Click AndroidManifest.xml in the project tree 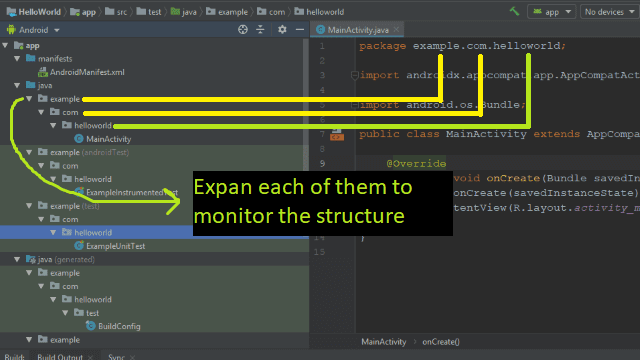coord(80,72)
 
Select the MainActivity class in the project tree coord(102,139)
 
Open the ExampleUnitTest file coord(115,245)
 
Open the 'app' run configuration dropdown coord(551,12)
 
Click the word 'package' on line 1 coord(382,46)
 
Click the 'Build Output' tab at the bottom coord(60,356)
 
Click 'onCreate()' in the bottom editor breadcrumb coord(441,342)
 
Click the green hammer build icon coord(514,11)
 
